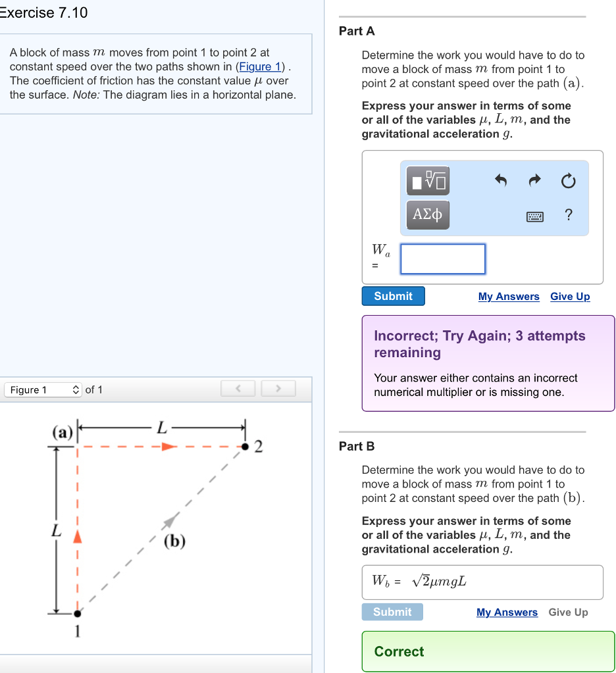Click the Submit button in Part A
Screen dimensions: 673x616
tap(393, 296)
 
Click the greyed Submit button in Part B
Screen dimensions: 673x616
tap(392, 612)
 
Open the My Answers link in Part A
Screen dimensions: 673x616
tap(509, 297)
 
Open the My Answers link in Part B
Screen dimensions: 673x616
tap(507, 612)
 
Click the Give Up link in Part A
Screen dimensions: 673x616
tap(570, 297)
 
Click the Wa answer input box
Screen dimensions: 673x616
tap(443, 259)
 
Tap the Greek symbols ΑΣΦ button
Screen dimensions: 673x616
tap(428, 214)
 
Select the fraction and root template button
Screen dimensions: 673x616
tap(428, 180)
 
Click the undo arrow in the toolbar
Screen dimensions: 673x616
tap(501, 181)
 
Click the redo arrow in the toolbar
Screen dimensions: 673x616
tap(535, 181)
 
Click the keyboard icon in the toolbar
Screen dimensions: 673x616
tap(534, 216)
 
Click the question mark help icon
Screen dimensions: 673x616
tap(569, 215)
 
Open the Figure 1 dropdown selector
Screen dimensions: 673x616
tap(43, 389)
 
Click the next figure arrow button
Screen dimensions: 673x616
tap(278, 389)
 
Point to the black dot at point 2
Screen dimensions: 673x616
tap(245, 447)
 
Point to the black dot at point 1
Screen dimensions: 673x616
tap(78, 613)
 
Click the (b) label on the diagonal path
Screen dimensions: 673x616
tap(175, 541)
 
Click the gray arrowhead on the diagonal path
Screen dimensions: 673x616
tap(170, 520)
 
